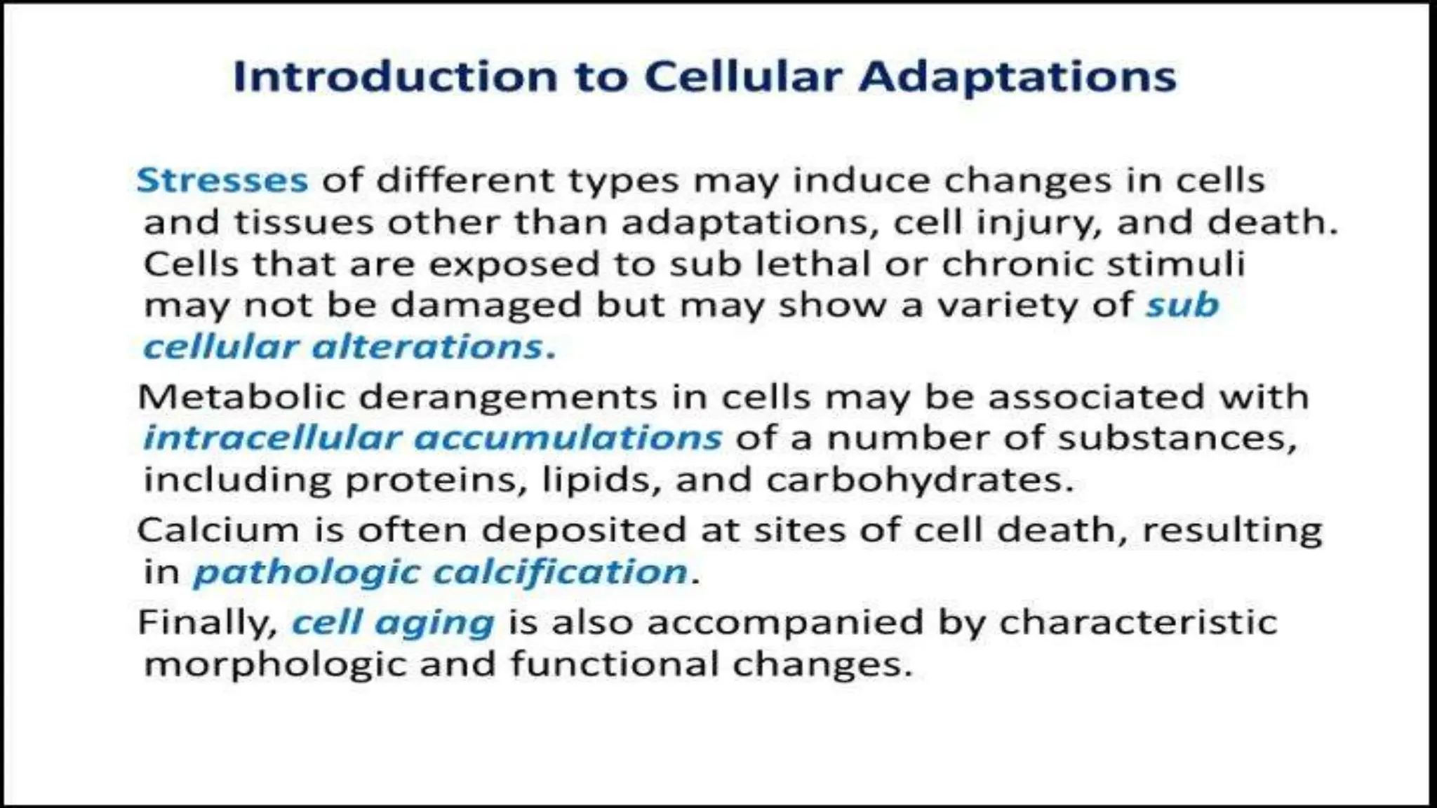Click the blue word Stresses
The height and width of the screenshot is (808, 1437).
point(222,180)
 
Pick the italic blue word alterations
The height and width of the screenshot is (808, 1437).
point(427,346)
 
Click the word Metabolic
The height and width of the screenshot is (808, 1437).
point(243,397)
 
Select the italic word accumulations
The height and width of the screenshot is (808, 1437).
point(568,438)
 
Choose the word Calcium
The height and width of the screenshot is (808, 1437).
point(218,530)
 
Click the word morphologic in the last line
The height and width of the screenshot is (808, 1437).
point(274,664)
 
